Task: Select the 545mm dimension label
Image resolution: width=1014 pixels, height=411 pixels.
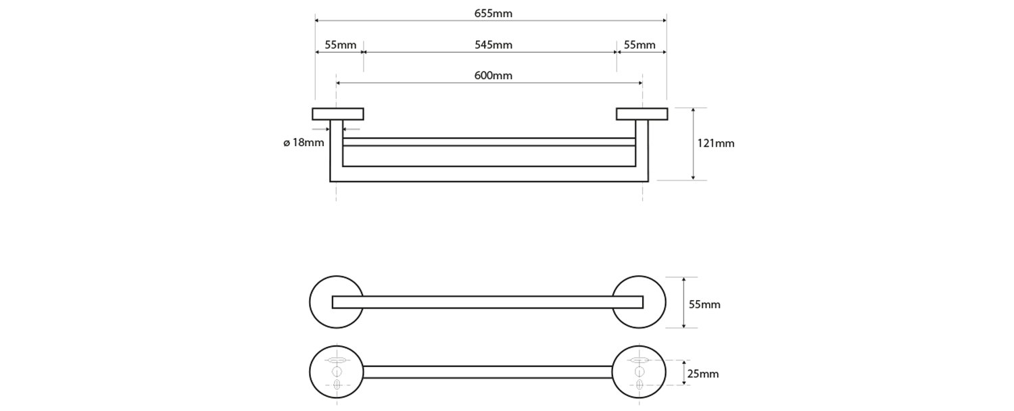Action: point(493,45)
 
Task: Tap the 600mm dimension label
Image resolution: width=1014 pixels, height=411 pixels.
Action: point(493,76)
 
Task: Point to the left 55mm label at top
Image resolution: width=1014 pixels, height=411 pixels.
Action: point(340,45)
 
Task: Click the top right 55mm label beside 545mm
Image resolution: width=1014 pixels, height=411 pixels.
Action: point(639,45)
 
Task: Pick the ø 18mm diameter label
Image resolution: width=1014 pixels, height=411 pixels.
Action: point(304,143)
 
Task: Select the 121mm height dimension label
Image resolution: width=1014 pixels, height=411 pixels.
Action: point(715,143)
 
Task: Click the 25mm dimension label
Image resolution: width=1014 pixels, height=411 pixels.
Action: point(703,374)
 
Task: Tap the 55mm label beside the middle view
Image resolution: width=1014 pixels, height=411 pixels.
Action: point(704,304)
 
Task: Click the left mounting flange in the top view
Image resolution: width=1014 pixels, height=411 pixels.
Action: point(338,114)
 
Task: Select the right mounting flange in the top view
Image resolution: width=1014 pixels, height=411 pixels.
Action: point(642,114)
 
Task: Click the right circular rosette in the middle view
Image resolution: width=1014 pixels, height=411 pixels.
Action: point(654,302)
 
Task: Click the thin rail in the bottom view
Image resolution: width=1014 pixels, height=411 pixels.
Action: point(487,372)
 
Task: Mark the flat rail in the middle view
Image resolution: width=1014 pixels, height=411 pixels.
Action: point(487,302)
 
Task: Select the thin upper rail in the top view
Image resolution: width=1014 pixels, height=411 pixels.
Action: point(489,141)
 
